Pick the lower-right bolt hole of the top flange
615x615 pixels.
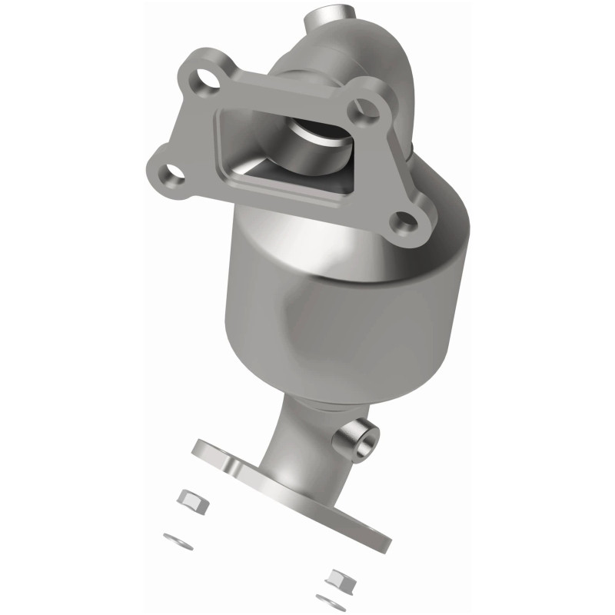point(403,223)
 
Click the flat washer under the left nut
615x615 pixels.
point(178,540)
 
